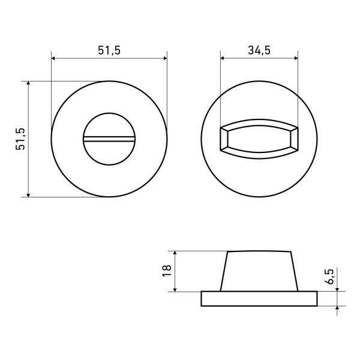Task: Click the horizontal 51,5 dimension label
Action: (x=109, y=51)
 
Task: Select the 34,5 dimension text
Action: (x=259, y=51)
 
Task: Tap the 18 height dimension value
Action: (x=167, y=271)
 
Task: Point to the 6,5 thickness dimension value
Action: (x=329, y=276)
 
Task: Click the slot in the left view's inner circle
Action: (x=109, y=139)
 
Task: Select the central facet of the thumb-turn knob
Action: (x=259, y=139)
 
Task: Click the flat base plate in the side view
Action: (x=259, y=298)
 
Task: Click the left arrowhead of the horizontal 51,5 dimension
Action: (x=55, y=58)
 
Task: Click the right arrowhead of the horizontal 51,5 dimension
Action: (x=164, y=58)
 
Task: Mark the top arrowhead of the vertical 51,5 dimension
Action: (x=28, y=85)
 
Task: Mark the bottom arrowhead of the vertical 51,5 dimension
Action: (x=28, y=193)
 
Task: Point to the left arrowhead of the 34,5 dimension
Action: (x=224, y=58)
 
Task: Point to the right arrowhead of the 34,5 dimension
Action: (x=295, y=58)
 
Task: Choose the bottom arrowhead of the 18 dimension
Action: (x=175, y=289)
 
